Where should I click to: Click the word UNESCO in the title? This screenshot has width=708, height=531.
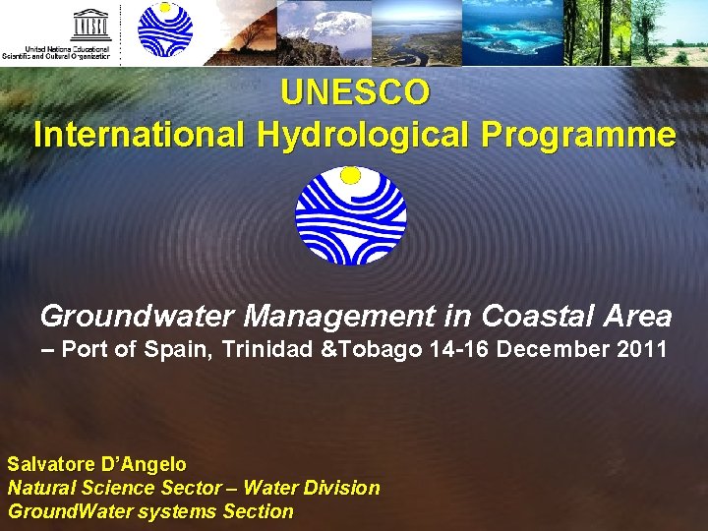point(355,92)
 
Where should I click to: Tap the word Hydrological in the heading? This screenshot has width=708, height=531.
point(364,135)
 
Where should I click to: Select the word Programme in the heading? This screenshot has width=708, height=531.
point(578,135)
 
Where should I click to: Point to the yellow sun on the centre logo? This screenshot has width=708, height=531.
point(350,176)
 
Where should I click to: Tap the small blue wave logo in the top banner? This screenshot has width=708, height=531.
point(165,30)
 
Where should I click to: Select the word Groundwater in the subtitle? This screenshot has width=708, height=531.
point(138,316)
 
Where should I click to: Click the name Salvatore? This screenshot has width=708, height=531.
point(53,463)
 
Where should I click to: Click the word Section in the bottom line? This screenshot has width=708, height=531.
point(258,511)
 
